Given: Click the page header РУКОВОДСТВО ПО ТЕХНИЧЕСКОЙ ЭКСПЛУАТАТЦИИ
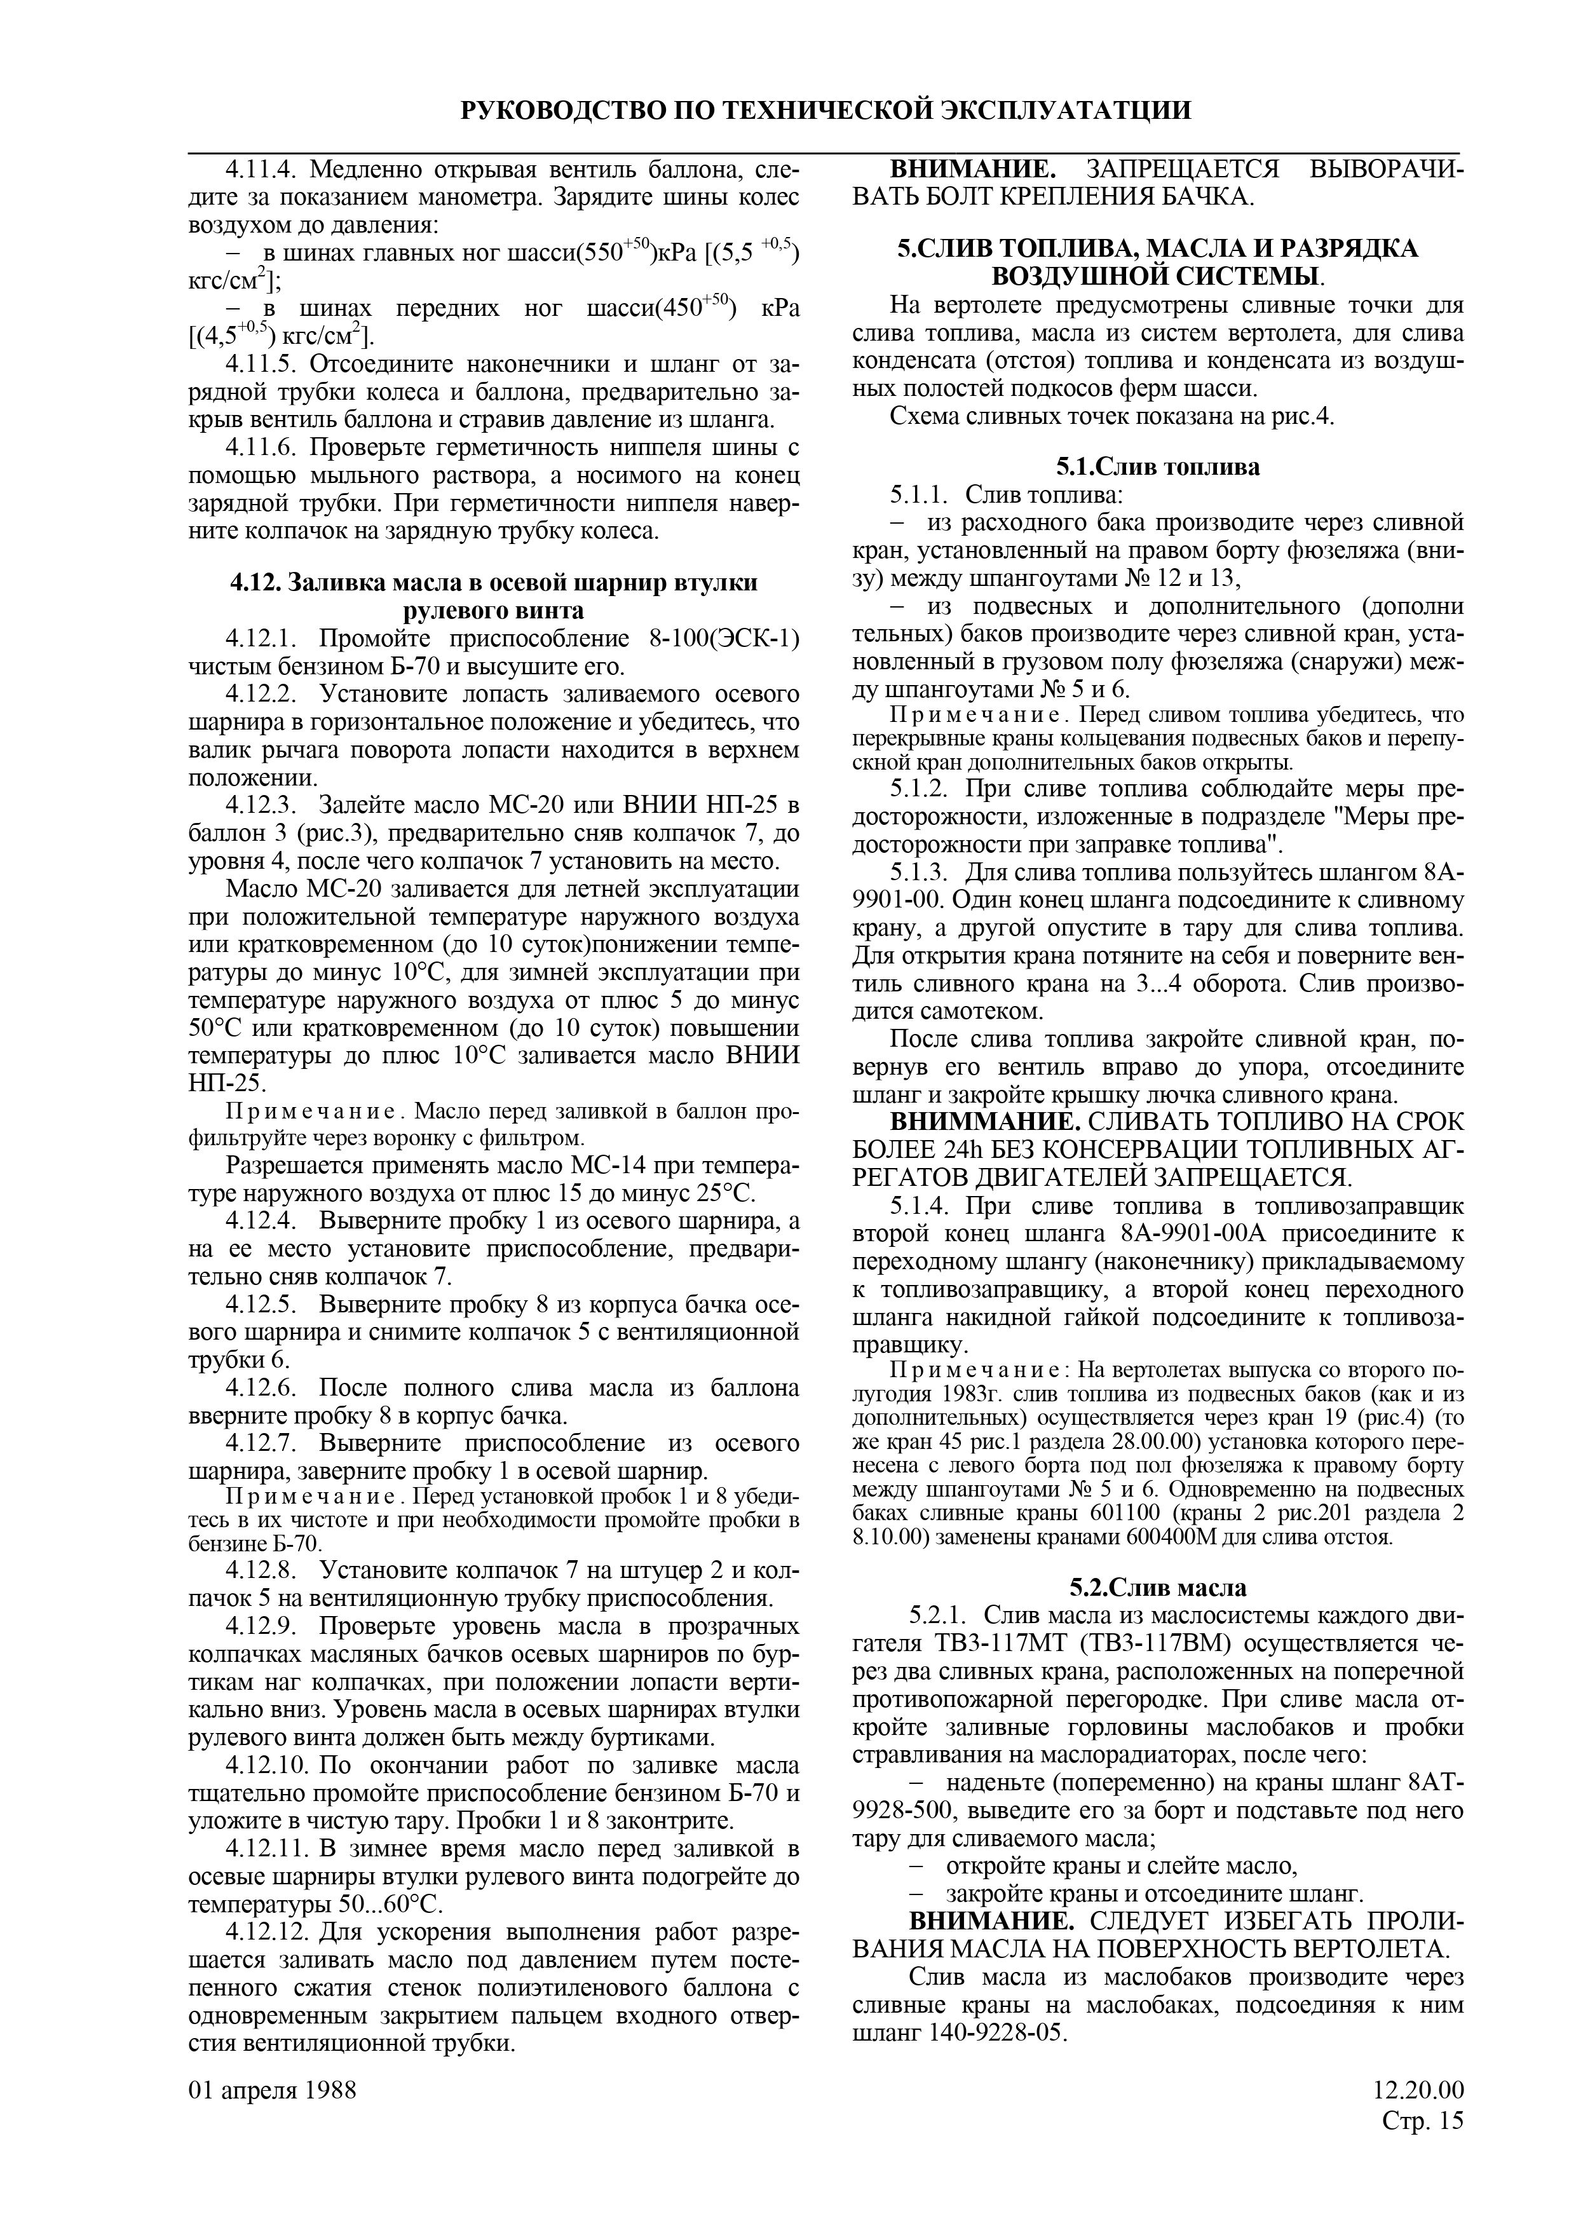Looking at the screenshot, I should [x=826, y=110].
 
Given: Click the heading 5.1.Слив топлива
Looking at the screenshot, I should [x=1157, y=467].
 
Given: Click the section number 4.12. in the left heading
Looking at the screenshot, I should [x=255, y=583].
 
